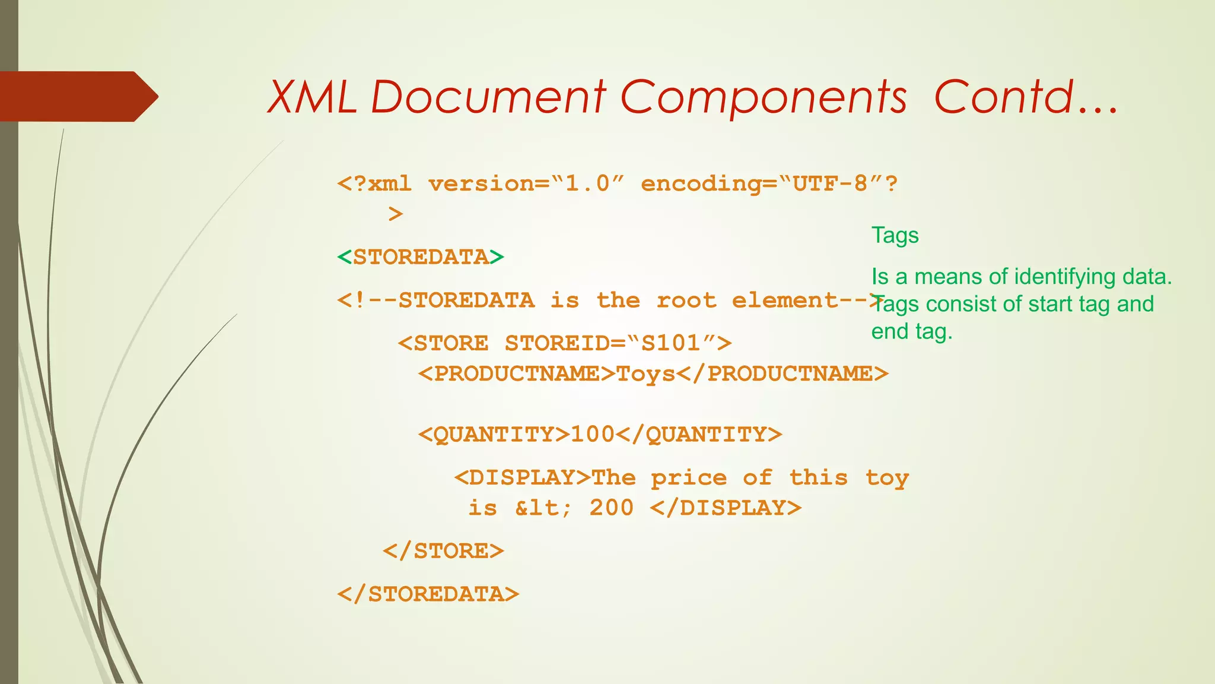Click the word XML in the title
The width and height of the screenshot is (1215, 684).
pyautogui.click(x=312, y=97)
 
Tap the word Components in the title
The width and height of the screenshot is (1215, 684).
pyautogui.click(x=763, y=97)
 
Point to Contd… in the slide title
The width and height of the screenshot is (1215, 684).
pyautogui.click(x=1025, y=97)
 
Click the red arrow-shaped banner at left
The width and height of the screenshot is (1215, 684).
pyautogui.click(x=77, y=96)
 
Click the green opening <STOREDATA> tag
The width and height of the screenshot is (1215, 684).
pyautogui.click(x=421, y=257)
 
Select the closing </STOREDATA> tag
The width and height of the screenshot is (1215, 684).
pyautogui.click(x=428, y=594)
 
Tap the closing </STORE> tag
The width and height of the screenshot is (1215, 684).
pyautogui.click(x=443, y=551)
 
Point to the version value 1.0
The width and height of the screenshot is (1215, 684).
pyautogui.click(x=587, y=183)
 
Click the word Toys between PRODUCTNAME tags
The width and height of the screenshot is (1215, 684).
pyautogui.click(x=646, y=374)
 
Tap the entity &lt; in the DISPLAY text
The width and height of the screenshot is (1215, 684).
pyautogui.click(x=543, y=508)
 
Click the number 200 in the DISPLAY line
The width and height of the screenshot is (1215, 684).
pyautogui.click(x=612, y=508)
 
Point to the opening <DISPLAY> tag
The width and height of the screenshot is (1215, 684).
pyautogui.click(x=523, y=477)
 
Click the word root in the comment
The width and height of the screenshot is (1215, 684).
pyautogui.click(x=686, y=300)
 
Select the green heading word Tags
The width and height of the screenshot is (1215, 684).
pyautogui.click(x=895, y=236)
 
